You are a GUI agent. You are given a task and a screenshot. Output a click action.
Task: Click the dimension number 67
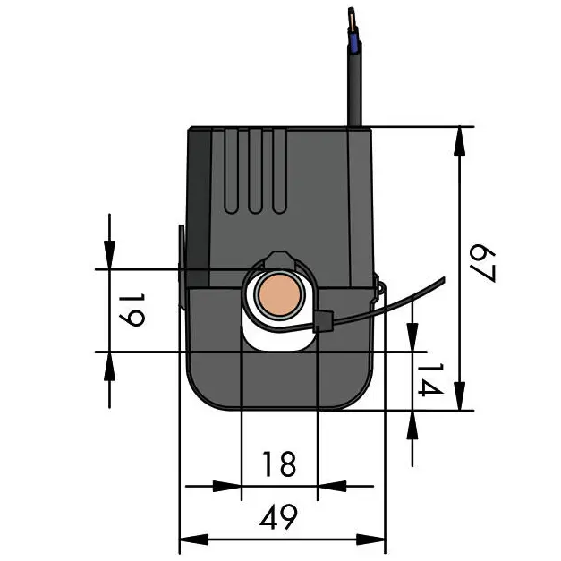tap(482, 263)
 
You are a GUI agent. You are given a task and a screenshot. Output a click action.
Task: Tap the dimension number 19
tap(132, 310)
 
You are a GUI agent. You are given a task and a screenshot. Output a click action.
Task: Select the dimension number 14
tap(430, 380)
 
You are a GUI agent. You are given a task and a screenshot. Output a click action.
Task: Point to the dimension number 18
tap(279, 464)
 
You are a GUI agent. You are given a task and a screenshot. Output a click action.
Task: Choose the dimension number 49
tap(278, 517)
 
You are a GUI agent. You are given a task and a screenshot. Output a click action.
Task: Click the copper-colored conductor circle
tap(279, 295)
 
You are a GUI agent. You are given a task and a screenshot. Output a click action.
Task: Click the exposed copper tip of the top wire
tap(352, 21)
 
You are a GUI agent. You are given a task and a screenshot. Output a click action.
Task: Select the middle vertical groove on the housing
tap(255, 171)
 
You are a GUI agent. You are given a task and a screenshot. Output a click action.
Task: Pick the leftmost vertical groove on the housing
tap(232, 171)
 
